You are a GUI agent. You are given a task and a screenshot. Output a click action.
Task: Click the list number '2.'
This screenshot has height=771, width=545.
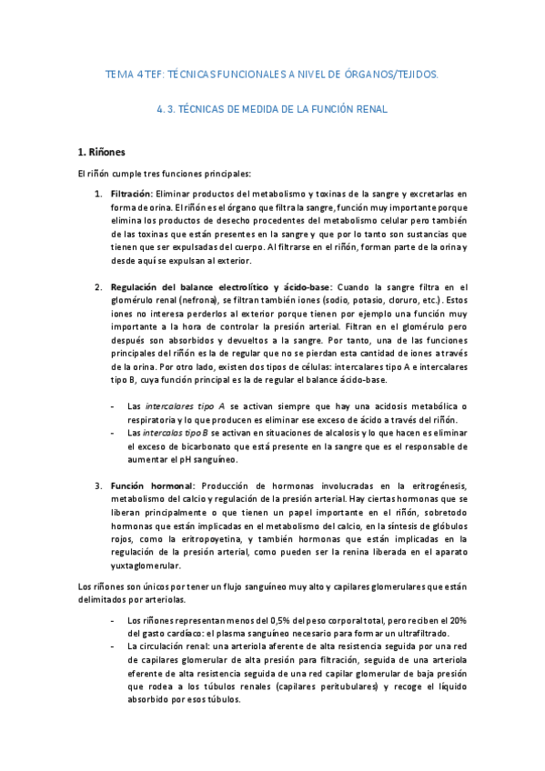coord(99,287)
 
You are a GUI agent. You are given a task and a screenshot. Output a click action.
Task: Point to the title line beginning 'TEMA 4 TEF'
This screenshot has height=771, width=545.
coord(272,75)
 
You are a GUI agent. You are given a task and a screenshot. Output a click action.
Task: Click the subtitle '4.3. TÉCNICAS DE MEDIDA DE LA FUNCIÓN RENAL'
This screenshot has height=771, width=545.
coord(272,109)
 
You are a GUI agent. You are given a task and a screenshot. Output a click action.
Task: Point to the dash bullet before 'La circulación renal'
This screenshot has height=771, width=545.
coord(111,646)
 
